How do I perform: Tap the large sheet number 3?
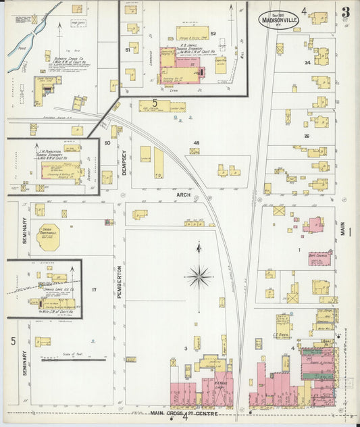tap(345, 11)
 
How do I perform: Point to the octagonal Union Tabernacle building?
tap(49, 236)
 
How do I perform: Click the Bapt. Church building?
tap(320, 257)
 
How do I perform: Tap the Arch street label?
tap(184, 195)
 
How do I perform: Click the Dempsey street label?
tap(125, 163)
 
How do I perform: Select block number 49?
tap(197, 143)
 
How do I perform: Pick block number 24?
tap(307, 63)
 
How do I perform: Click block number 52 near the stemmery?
tap(213, 33)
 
